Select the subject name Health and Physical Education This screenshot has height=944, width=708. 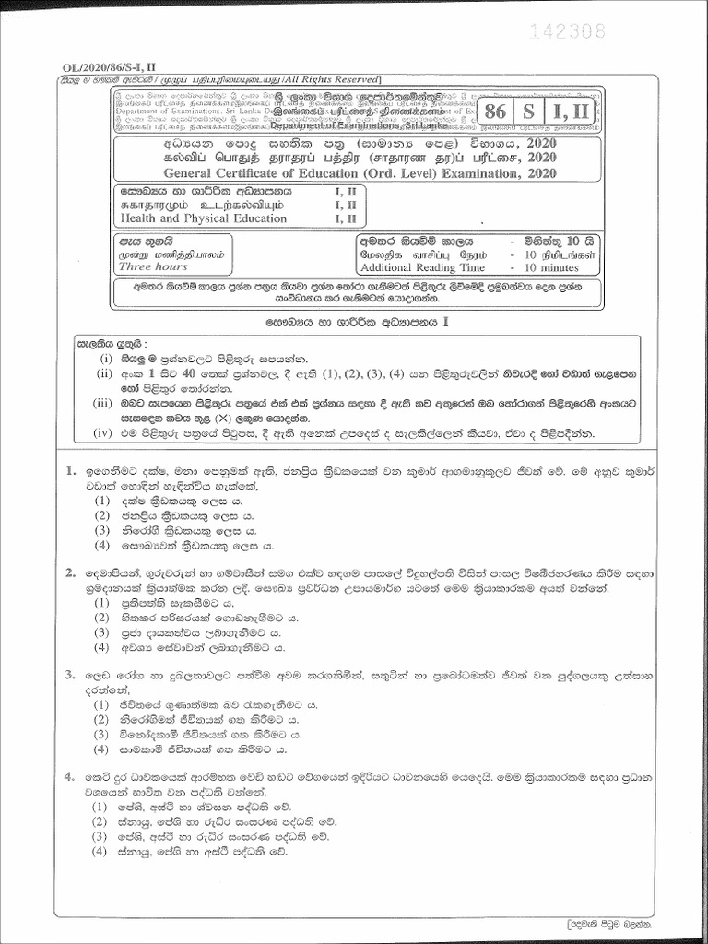coord(204,218)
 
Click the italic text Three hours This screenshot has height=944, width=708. coord(153,266)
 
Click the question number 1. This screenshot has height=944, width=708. coord(70,470)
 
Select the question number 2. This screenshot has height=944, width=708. coord(70,572)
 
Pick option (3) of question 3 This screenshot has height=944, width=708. coord(103,735)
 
